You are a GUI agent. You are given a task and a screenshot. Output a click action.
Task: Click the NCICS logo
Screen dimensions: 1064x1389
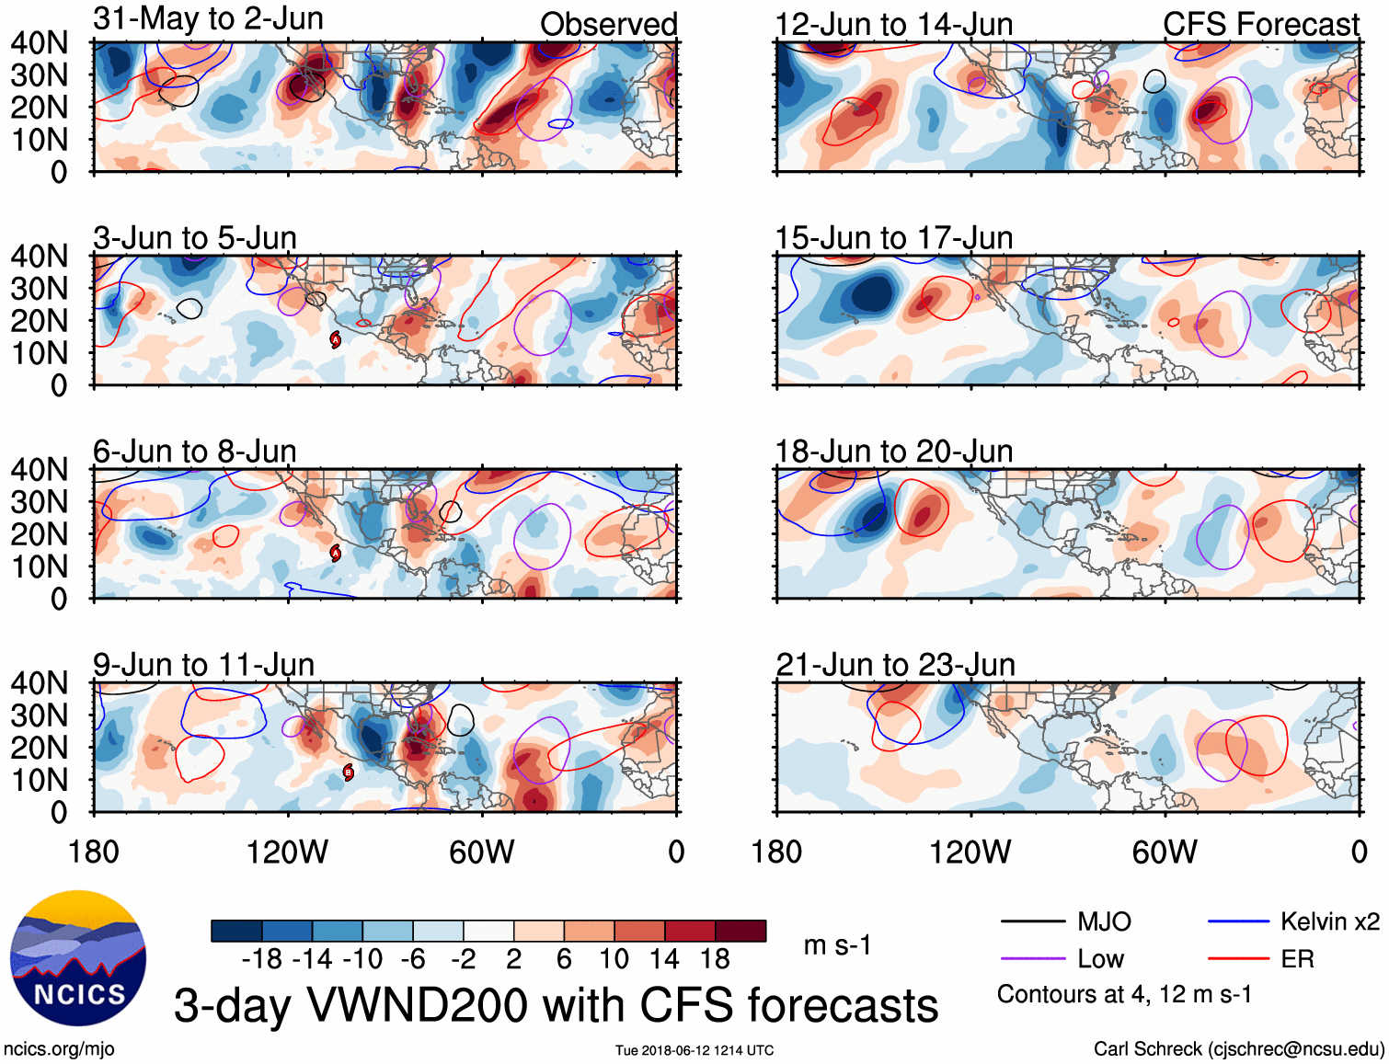[x=78, y=958]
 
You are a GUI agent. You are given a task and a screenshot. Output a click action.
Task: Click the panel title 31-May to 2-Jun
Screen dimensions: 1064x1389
[x=208, y=18]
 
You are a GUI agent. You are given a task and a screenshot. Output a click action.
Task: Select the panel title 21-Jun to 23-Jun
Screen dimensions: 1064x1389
[x=895, y=664]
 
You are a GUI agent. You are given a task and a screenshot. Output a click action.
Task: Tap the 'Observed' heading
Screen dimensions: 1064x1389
[x=608, y=24]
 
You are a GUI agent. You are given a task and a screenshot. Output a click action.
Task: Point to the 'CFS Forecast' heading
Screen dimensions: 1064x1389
[x=1260, y=24]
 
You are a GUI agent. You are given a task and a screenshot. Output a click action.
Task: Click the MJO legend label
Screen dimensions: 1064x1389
[x=1104, y=921]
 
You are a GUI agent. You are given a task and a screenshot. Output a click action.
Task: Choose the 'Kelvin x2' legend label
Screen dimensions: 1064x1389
[x=1329, y=921]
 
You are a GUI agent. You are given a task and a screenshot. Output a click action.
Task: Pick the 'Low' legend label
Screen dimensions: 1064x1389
[x=1100, y=959]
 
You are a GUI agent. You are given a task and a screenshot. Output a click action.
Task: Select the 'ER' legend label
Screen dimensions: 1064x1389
[x=1297, y=959]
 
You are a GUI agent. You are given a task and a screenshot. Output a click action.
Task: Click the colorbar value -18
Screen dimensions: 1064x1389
[x=262, y=959]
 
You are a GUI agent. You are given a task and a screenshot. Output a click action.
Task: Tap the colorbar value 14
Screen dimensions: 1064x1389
[x=664, y=959]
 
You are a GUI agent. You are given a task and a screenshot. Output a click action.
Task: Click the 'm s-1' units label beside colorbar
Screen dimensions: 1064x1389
[x=837, y=944]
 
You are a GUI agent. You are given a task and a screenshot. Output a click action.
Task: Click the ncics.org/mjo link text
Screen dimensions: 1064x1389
[x=59, y=1048]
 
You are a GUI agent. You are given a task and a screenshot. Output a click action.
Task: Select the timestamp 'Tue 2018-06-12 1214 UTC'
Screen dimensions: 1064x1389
[x=694, y=1050]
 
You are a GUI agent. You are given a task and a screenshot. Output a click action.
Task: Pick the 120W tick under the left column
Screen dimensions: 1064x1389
[x=287, y=852]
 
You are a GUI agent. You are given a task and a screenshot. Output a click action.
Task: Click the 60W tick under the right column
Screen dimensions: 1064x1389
[x=1165, y=852]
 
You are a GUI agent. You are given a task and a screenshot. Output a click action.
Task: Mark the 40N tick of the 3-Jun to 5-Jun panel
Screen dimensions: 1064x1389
[x=39, y=256]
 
